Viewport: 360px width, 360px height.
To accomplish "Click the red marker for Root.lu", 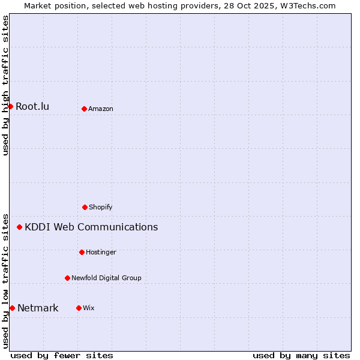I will tap(10, 106).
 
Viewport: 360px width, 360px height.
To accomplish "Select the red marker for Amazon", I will tap(84, 109).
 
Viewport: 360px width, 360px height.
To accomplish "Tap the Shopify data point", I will tap(85, 207).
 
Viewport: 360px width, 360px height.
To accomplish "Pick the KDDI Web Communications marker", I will tap(20, 227).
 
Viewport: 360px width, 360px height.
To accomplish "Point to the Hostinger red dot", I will tap(82, 252).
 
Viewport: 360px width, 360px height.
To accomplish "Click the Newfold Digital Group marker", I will tap(67, 278).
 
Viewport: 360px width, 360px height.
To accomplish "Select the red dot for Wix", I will tap(79, 308).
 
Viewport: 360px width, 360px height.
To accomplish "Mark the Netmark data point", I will tap(12, 308).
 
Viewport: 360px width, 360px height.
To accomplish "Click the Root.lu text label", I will tap(32, 107).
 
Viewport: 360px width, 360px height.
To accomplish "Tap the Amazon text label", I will tap(101, 109).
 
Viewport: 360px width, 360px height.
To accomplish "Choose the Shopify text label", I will tap(101, 207).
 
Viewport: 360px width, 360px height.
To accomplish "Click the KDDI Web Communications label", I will tap(91, 227).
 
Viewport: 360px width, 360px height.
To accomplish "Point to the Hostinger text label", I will tap(101, 252).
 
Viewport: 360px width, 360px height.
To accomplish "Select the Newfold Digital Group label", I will tap(106, 278).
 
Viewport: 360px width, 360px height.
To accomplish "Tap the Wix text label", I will tap(89, 308).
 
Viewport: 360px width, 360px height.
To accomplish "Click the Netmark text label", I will tap(38, 308).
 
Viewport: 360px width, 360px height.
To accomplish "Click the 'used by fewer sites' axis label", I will tap(62, 355).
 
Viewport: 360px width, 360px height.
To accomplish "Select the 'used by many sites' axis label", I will tap(301, 355).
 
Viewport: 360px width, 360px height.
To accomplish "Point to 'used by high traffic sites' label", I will tap(5, 85).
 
